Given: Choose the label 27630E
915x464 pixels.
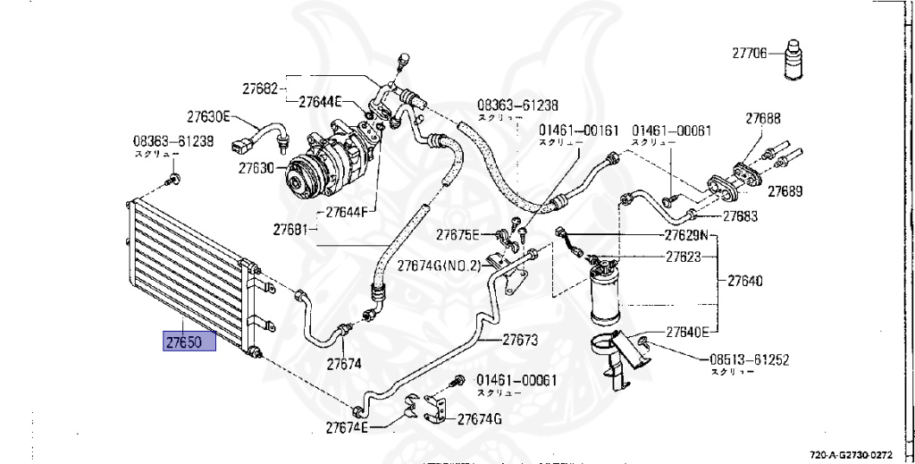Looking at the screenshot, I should (x=209, y=116).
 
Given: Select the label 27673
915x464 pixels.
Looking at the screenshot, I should (x=519, y=340).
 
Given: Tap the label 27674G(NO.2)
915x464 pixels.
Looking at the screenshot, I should (x=439, y=266).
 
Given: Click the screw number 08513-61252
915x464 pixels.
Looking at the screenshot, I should (x=749, y=360).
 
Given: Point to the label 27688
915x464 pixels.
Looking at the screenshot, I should (x=763, y=118).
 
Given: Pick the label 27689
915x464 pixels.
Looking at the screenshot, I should (x=785, y=191).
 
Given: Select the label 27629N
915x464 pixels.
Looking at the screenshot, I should (x=685, y=236).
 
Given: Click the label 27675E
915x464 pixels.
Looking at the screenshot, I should (x=458, y=235).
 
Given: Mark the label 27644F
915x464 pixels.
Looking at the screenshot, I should (x=348, y=212).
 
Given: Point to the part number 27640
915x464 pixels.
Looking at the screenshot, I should (x=744, y=281).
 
